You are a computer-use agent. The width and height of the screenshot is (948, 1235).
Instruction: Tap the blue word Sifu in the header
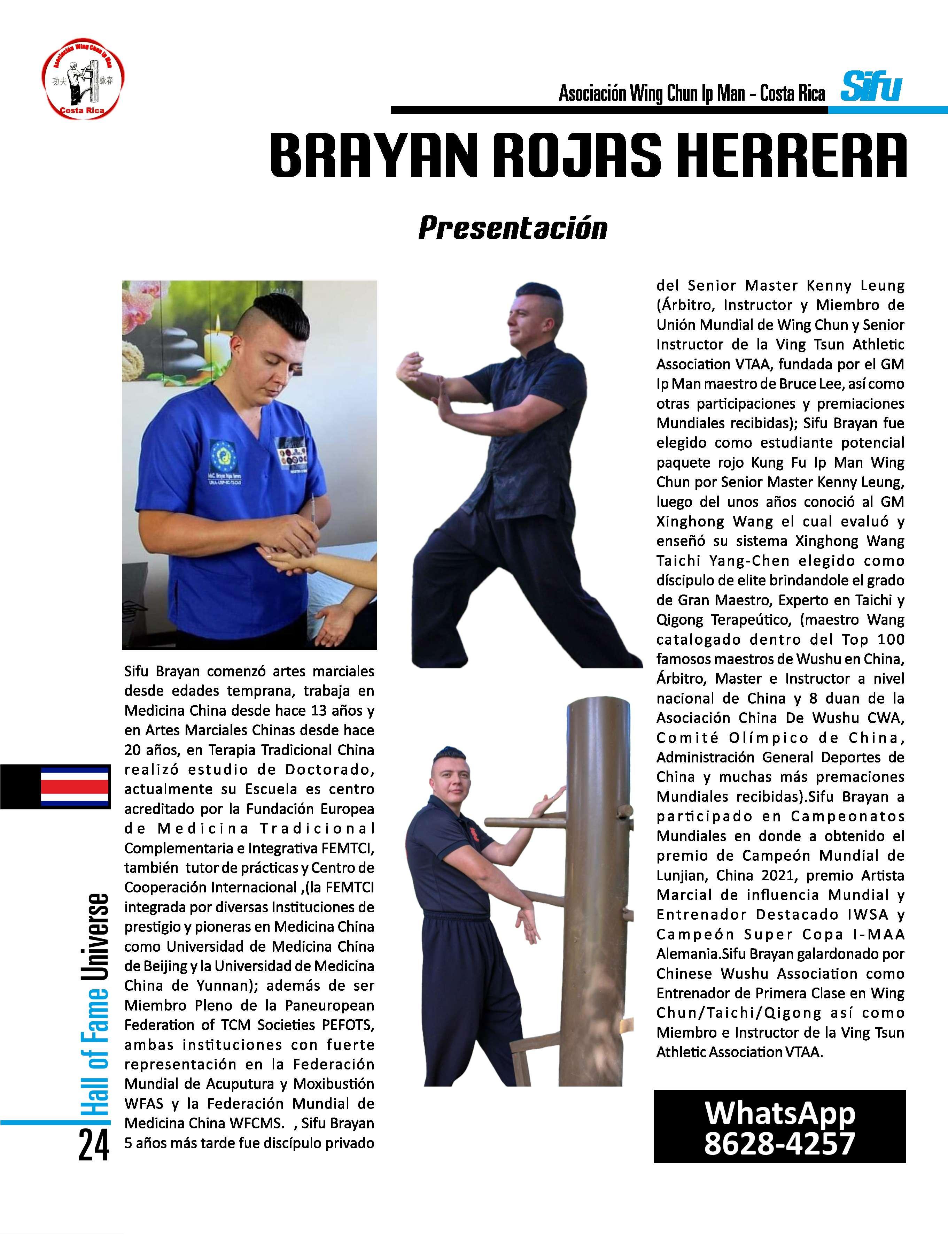(x=871, y=87)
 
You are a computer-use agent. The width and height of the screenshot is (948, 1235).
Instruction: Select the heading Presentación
(x=512, y=228)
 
